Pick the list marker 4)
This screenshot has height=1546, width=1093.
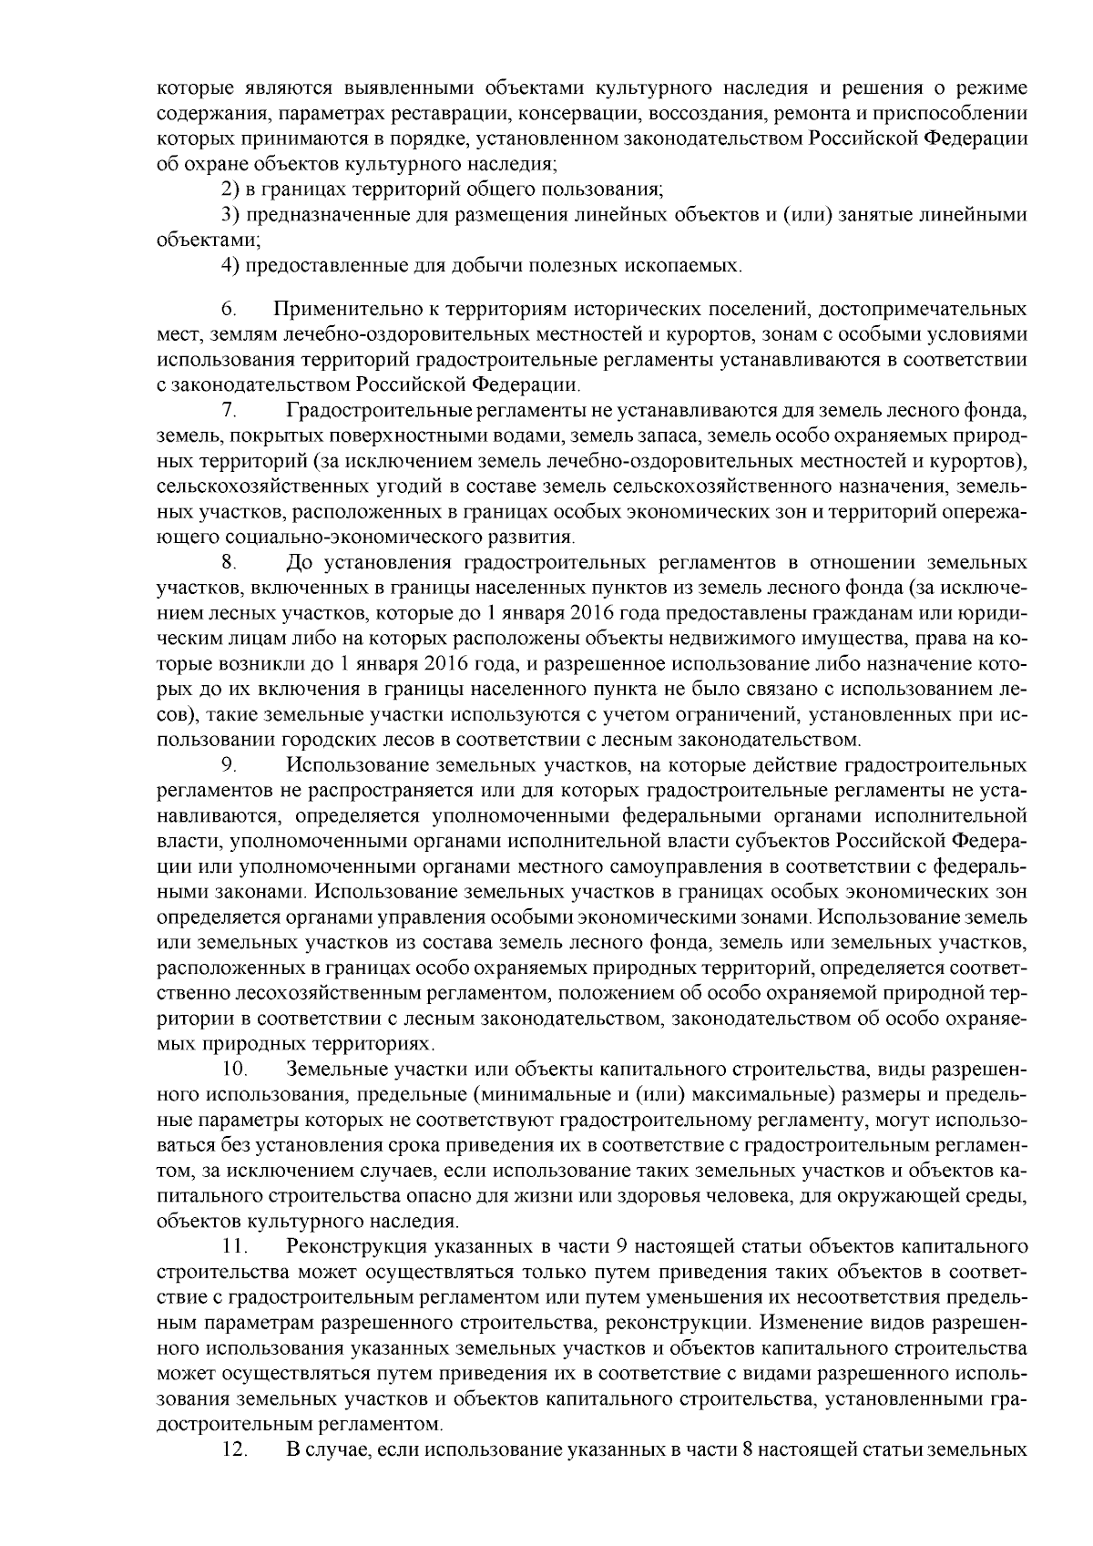point(231,266)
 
